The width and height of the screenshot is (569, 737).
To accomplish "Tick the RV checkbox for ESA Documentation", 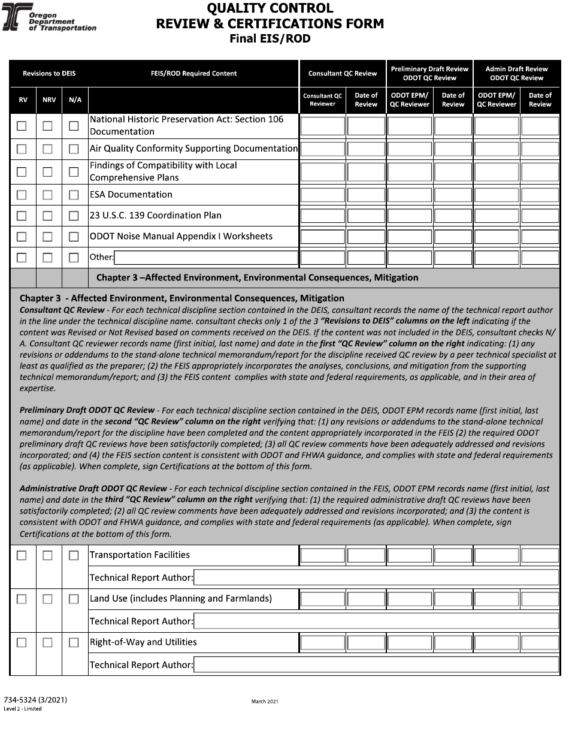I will point(22,195).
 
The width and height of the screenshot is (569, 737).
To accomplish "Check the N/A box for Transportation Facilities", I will point(74,555).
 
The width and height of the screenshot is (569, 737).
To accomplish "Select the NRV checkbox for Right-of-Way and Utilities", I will point(48,642).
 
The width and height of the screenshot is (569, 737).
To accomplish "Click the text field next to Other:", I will point(205,258).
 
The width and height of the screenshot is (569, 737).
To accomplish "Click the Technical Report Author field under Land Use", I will point(376,621).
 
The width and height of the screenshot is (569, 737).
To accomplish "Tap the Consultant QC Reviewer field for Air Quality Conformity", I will point(322,149).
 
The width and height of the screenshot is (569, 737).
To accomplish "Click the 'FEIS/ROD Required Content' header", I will point(193,74).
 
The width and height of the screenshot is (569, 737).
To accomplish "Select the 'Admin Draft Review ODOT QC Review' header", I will point(516,74).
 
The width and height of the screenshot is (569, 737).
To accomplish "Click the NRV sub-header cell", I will point(49,100).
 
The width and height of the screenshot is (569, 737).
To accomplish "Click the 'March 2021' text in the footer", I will point(265,701).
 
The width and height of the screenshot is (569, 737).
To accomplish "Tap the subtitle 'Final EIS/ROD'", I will point(270,39).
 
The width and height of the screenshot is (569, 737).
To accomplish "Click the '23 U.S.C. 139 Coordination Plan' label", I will point(156,216).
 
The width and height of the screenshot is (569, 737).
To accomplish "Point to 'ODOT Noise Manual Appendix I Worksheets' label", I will point(181,237).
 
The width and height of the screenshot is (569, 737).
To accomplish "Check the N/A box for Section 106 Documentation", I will point(74,126).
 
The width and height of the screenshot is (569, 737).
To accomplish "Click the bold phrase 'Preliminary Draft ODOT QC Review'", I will point(87,411).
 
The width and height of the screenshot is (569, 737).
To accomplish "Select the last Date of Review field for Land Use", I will point(540,599).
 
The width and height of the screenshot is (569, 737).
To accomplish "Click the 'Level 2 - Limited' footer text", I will point(23,709).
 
